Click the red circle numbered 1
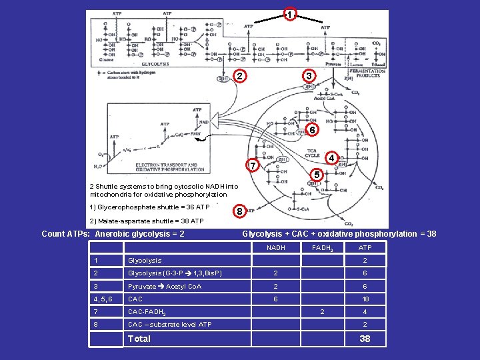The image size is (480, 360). (289, 15)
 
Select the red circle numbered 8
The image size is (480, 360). (240, 213)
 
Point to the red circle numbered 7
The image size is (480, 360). (252, 165)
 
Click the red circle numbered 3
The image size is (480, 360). (308, 77)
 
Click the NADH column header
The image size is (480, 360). (275, 248)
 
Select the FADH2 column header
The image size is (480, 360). (322, 248)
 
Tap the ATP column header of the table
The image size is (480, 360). (365, 248)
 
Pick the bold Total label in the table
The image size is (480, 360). (139, 339)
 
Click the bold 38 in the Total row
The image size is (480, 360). (365, 339)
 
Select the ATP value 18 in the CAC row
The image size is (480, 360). (365, 299)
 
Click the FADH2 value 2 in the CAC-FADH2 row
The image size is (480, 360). (322, 312)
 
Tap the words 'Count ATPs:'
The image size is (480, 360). (65, 234)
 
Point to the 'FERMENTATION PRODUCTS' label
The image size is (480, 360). (367, 73)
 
